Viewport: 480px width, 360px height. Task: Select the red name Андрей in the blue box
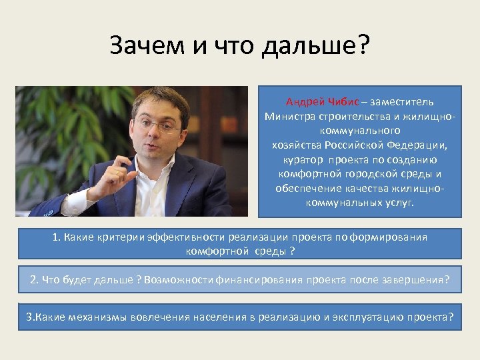pos(306,102)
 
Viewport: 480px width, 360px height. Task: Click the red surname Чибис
pos(344,102)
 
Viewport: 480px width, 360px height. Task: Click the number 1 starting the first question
pos(56,237)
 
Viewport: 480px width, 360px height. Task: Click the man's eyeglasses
pos(158,124)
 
